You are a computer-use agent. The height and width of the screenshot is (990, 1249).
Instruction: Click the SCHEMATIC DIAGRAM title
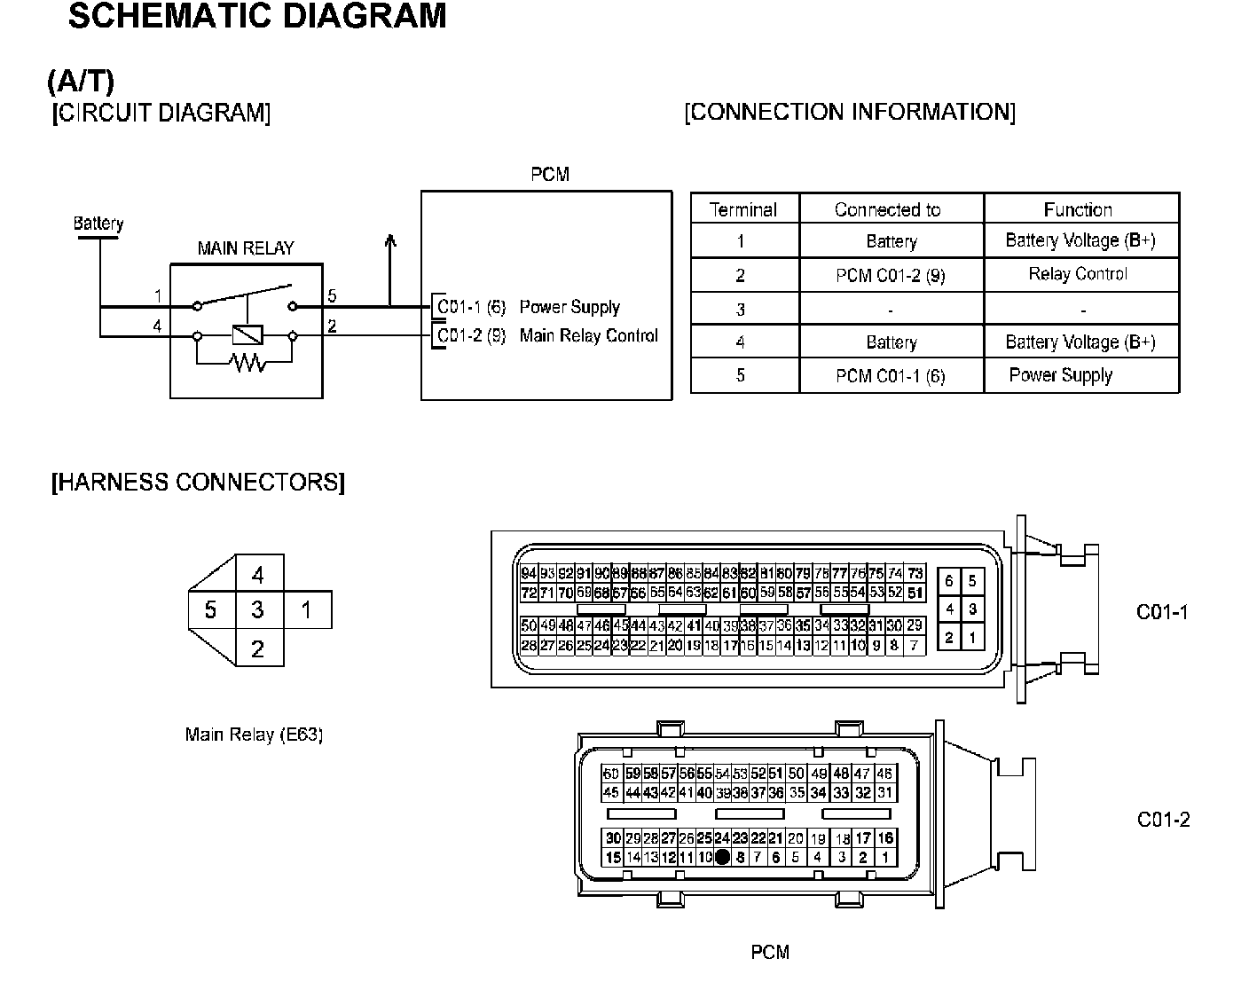click(257, 17)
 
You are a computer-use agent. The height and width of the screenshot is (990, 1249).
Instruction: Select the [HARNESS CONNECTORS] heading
click(198, 483)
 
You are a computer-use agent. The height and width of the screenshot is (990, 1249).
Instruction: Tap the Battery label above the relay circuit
click(98, 224)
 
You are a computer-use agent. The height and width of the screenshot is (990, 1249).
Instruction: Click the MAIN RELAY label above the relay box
click(246, 248)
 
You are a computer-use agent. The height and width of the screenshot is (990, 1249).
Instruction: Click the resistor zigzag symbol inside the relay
click(246, 362)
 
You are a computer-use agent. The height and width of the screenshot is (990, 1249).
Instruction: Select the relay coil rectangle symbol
click(246, 335)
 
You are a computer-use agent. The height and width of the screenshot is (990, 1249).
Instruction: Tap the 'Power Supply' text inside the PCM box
click(570, 308)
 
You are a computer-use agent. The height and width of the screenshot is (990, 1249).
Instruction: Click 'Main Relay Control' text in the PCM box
click(589, 336)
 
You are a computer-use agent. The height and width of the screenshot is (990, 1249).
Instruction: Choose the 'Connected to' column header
click(887, 210)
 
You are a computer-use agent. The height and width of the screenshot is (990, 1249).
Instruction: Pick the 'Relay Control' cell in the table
click(1078, 274)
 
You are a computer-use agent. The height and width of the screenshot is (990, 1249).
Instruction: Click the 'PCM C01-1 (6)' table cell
click(891, 376)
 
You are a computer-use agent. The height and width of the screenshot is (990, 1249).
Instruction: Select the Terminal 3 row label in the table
click(741, 310)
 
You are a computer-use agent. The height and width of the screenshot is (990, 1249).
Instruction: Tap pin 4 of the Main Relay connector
click(258, 575)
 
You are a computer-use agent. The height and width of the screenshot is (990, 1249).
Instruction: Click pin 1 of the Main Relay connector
click(307, 610)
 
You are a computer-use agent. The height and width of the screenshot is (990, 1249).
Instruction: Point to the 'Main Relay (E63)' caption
click(254, 735)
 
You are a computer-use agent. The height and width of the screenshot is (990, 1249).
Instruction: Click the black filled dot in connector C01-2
click(722, 857)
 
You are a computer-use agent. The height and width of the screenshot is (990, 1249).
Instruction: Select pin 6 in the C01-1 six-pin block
click(949, 582)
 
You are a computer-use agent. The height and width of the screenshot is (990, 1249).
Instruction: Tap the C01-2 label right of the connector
click(1163, 820)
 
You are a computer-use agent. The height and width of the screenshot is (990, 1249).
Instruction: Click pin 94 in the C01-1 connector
click(529, 574)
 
